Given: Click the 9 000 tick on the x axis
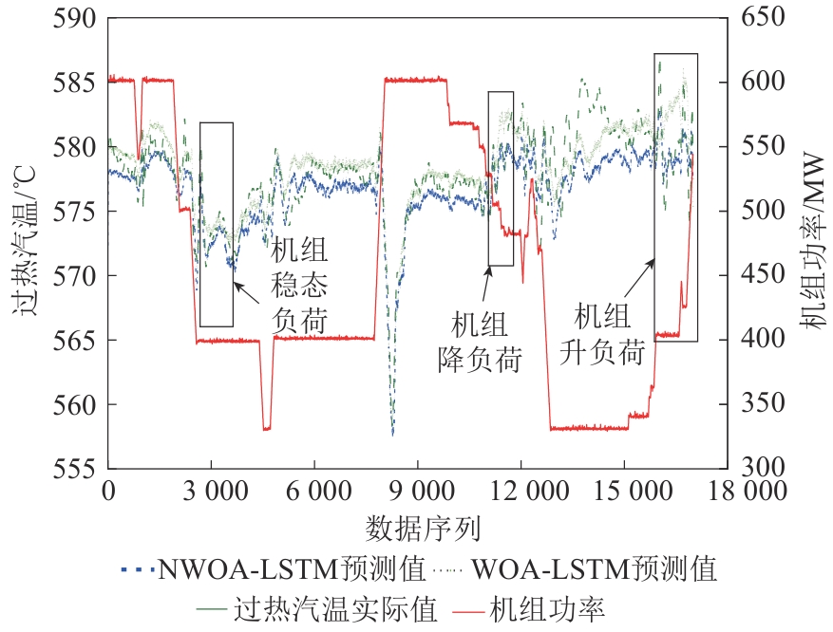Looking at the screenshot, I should point(418,491).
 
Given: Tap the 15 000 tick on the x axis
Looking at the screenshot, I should point(624,491).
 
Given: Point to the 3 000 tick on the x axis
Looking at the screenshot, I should point(211,491).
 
